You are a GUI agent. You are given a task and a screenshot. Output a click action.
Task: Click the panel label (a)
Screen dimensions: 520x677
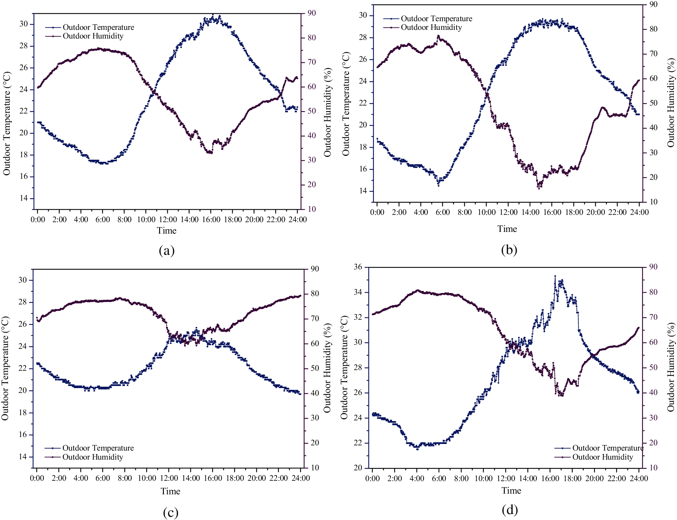166,250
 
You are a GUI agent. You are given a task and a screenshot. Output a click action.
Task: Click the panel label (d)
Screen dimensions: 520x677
509,510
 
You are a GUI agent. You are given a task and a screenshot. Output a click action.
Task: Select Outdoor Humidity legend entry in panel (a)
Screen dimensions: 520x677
93,36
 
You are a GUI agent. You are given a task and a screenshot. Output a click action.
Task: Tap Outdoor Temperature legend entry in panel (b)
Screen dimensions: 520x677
436,19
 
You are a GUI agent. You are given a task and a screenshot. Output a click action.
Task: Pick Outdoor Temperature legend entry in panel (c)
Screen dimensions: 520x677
98,448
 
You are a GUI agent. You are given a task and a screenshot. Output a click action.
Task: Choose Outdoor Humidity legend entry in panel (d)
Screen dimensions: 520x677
602,457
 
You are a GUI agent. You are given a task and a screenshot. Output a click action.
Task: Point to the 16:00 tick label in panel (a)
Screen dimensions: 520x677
211,219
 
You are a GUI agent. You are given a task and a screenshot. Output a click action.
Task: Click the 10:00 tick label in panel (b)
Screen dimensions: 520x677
486,212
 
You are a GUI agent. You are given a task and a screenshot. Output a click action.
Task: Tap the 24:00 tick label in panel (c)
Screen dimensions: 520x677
301,478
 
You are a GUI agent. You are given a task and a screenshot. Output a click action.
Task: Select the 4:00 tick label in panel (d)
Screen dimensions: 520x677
417,478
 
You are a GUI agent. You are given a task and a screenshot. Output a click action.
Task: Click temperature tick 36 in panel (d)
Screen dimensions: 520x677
358,267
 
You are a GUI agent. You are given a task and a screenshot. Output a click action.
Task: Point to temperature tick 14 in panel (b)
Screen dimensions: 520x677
363,191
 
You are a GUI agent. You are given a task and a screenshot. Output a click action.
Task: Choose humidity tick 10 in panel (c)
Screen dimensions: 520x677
315,468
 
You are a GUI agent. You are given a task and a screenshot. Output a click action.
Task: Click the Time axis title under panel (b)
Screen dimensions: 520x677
507,229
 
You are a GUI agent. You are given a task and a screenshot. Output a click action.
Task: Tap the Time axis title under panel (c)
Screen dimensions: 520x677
170,491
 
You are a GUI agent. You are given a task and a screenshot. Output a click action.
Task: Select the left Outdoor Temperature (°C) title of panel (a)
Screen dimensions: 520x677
7,123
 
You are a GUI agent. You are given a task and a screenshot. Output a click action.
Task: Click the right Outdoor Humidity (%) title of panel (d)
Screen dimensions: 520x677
671,367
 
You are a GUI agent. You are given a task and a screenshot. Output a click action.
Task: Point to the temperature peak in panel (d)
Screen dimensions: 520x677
555,276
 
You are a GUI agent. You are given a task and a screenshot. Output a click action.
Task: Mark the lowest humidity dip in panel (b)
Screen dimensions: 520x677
539,188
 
